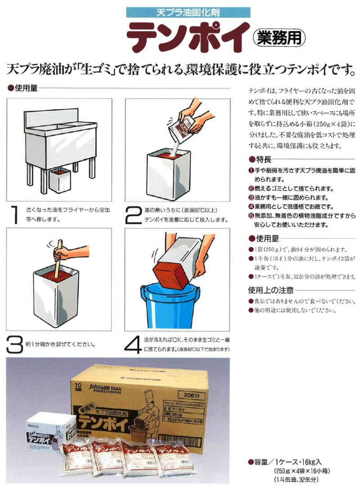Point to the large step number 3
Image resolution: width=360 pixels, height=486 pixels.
(x=15, y=344)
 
